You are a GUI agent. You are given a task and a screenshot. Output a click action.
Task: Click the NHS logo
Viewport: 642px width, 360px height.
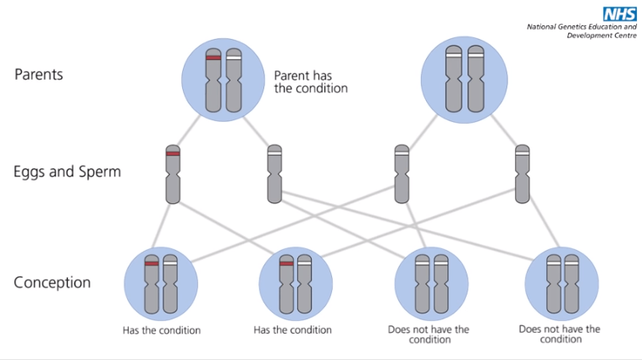619,14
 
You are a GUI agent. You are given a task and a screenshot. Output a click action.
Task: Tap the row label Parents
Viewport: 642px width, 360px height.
39,75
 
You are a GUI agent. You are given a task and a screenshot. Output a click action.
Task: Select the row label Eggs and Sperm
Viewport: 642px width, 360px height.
67,172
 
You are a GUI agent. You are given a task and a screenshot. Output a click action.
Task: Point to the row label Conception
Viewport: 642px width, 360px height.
53,282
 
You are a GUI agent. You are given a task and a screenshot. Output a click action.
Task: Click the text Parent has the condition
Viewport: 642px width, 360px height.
311,81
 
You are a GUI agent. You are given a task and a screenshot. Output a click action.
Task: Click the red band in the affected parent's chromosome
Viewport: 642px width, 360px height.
213,58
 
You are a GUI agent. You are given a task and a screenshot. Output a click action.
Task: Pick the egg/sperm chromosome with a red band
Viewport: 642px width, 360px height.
173,174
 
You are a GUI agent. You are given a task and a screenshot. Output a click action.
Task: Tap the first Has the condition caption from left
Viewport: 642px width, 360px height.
162,330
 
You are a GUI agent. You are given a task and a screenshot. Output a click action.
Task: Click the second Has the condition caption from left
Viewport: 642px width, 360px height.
293,330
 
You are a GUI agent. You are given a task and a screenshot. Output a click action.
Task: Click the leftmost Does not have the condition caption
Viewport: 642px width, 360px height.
430,335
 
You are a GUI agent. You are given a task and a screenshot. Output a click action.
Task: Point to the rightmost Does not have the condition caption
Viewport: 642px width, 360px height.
560,335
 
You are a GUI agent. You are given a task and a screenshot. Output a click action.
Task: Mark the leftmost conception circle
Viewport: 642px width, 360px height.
161,284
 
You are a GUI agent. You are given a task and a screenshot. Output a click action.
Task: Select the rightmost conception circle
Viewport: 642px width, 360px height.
562,284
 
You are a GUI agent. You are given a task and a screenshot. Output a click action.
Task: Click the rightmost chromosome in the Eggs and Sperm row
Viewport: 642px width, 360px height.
523,174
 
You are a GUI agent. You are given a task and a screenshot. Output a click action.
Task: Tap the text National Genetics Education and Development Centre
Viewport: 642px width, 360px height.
580,31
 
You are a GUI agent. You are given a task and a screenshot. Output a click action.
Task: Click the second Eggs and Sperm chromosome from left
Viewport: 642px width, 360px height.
274,174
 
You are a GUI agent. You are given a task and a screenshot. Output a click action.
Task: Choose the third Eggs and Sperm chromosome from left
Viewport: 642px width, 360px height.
401,174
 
